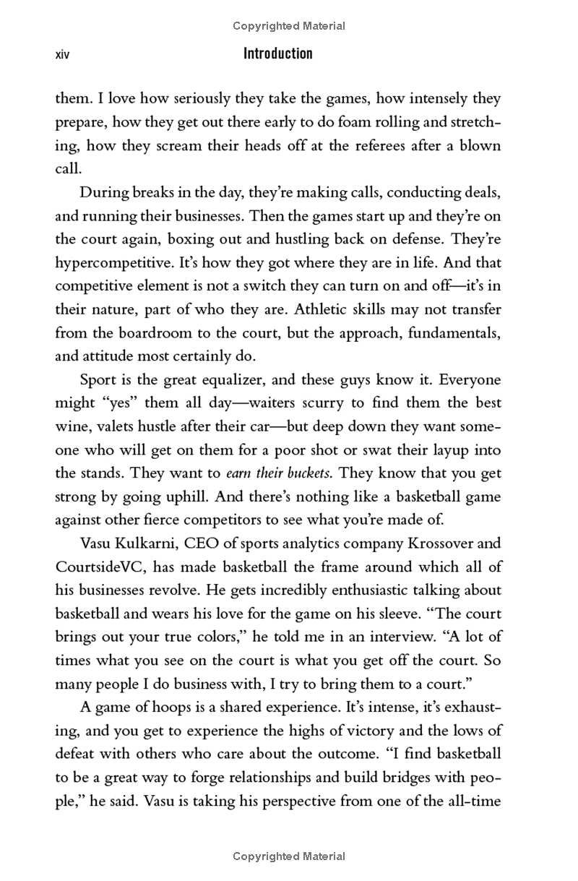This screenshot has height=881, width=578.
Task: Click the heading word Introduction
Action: point(278,53)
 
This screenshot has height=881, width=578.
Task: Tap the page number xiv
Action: point(62,54)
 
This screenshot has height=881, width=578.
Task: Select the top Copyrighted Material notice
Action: point(289,26)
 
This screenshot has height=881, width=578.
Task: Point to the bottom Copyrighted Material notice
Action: point(289,856)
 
